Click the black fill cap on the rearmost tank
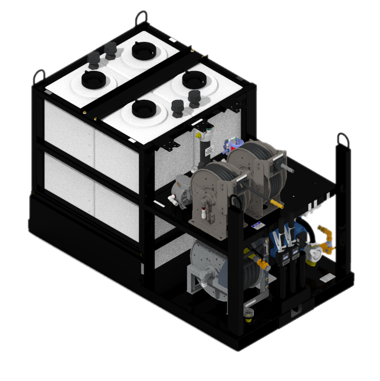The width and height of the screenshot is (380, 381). [x=144, y=51]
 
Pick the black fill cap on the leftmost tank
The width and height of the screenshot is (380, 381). [x=93, y=80]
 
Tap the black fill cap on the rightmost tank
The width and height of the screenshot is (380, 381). [x=194, y=80]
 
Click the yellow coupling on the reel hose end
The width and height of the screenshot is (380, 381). [x=276, y=203]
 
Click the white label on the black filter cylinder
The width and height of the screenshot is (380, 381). [x=209, y=151]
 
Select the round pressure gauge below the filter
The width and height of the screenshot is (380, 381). [x=194, y=169]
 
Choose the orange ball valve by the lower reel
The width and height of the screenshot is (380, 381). [x=263, y=265]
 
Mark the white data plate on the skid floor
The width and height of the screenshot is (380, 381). [x=327, y=278]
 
